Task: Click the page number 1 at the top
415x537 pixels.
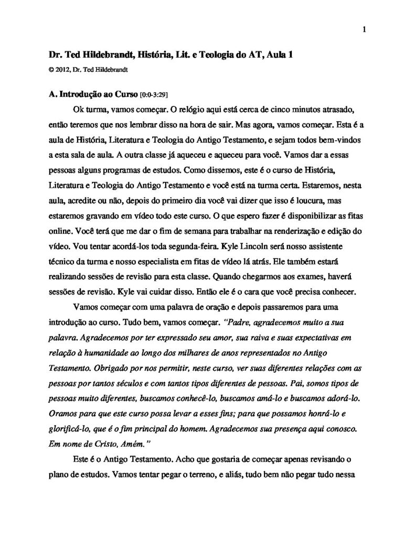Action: click(364, 29)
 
